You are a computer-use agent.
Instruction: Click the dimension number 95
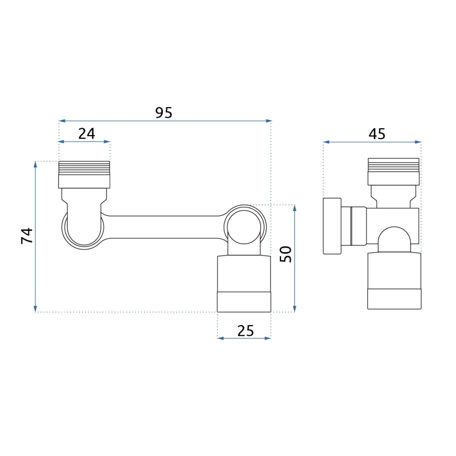pyautogui.click(x=164, y=113)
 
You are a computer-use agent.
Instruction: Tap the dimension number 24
pyautogui.click(x=87, y=134)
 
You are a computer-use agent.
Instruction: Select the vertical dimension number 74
pyautogui.click(x=27, y=235)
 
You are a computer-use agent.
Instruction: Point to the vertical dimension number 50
pyautogui.click(x=285, y=254)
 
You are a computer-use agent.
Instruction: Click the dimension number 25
pyautogui.click(x=245, y=331)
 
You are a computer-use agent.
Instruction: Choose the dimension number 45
pyautogui.click(x=377, y=134)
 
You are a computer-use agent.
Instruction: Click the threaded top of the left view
pyautogui.click(x=84, y=168)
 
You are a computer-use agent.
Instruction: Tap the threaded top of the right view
pyautogui.click(x=393, y=165)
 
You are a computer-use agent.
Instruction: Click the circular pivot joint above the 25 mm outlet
pyautogui.click(x=245, y=227)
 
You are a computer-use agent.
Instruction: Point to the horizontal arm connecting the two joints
pyautogui.click(x=163, y=227)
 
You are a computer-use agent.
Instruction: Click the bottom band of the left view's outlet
pyautogui.click(x=244, y=302)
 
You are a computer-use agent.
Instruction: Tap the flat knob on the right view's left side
pyautogui.click(x=332, y=226)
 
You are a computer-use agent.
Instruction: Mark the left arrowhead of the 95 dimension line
pyautogui.click(x=61, y=121)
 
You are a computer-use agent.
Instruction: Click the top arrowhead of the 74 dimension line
pyautogui.click(x=35, y=164)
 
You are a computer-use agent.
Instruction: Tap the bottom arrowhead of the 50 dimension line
pyautogui.click(x=294, y=308)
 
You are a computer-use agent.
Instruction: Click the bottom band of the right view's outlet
pyautogui.click(x=394, y=299)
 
